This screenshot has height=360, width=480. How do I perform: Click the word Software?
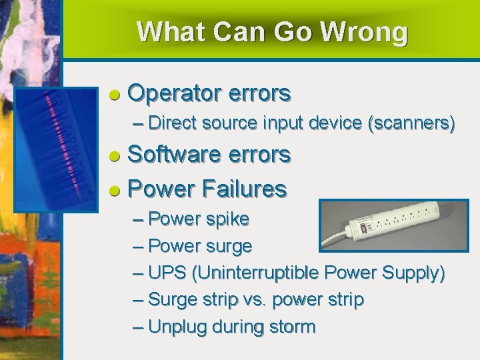click(175, 155)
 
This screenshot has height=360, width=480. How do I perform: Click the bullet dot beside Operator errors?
click(115, 95)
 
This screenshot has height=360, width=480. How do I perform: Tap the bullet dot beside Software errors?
click(115, 156)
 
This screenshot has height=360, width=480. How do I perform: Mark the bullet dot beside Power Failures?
click(115, 191)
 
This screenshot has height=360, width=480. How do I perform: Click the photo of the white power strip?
click(393, 226)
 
